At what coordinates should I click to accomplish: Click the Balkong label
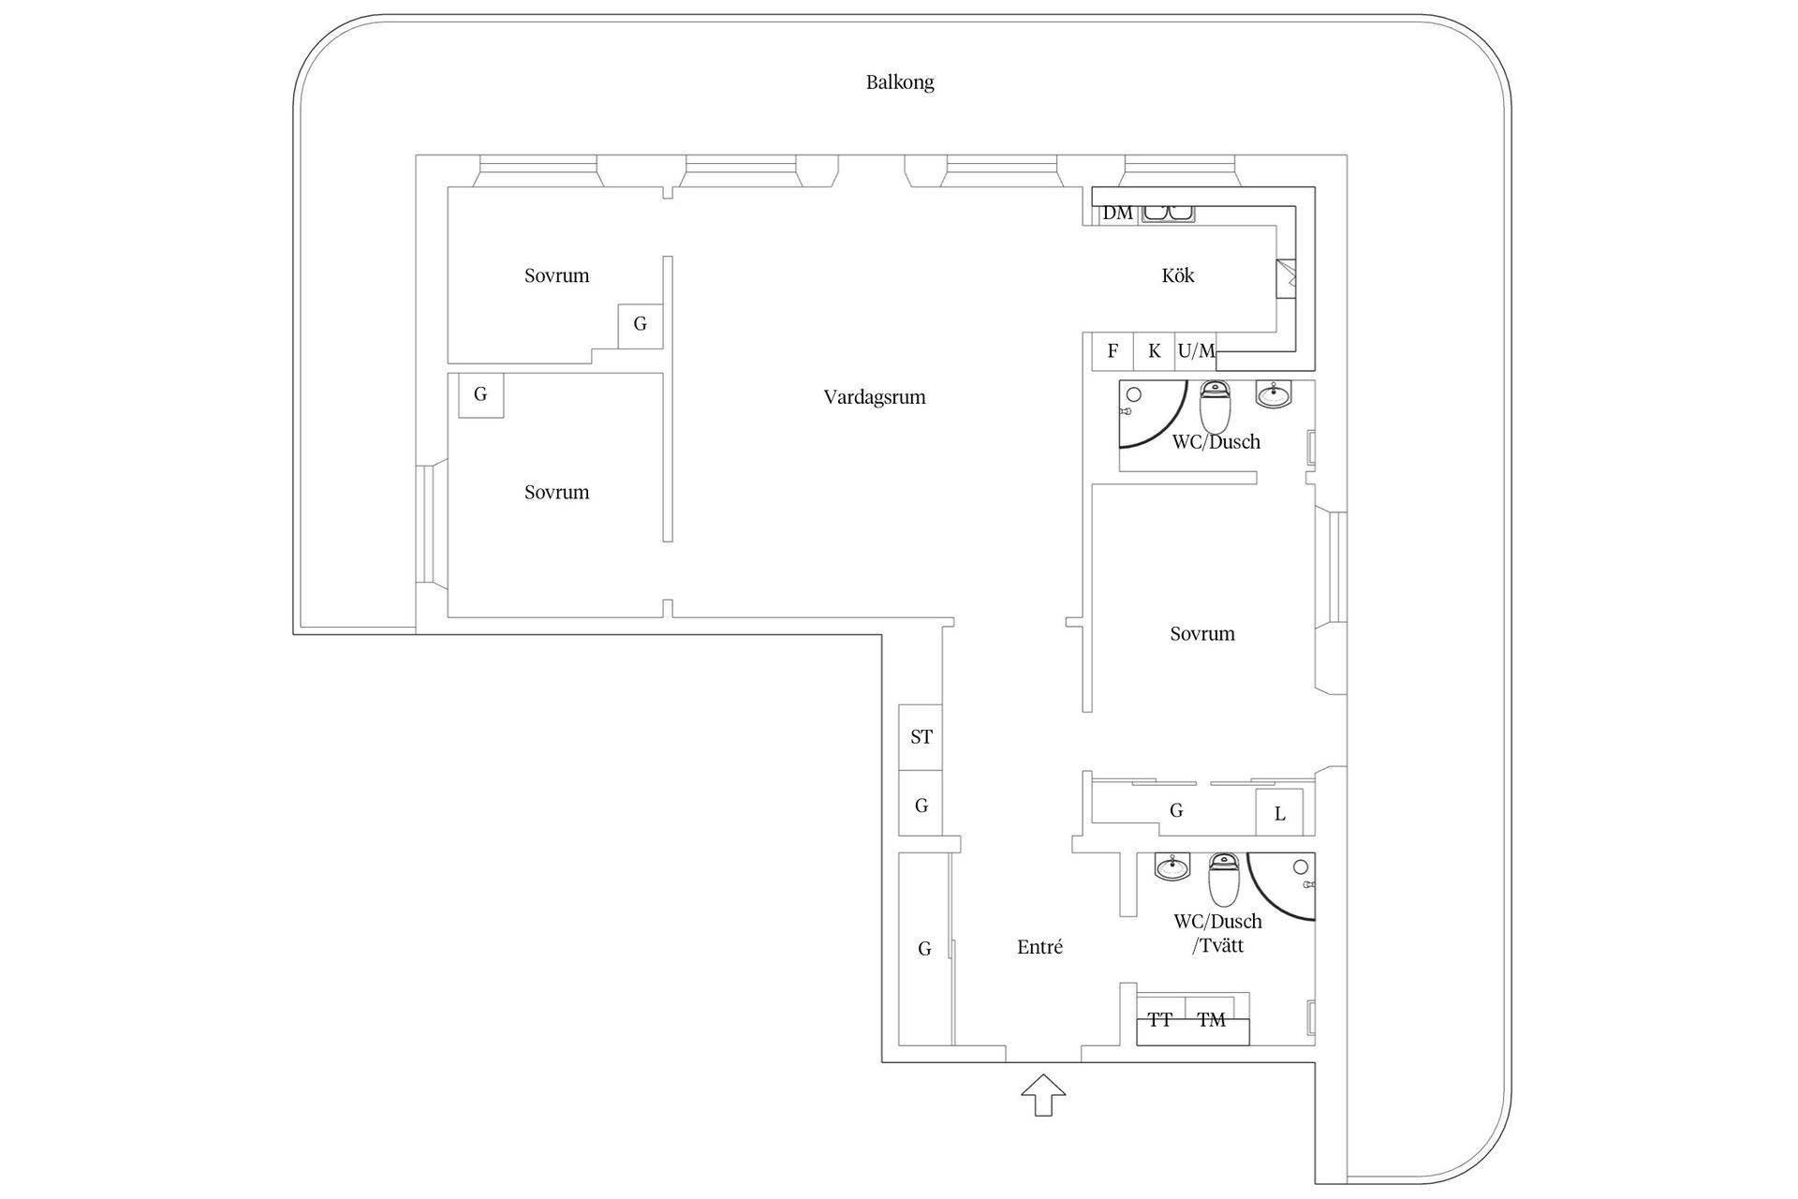point(899,82)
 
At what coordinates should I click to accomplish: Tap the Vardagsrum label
point(874,397)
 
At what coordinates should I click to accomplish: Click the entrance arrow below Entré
point(1043,1095)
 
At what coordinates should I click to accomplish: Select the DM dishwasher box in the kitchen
point(1116,214)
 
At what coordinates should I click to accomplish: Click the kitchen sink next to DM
point(1168,214)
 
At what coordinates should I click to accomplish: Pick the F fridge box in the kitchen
point(1113,351)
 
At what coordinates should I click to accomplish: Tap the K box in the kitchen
point(1154,351)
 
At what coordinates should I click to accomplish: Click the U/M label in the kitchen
point(1196,351)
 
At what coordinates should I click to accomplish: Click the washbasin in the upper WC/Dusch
point(1273,395)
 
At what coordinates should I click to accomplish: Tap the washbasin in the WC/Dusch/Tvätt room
point(1172,867)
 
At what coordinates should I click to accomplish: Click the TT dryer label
point(1160,1020)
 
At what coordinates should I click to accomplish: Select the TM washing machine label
point(1211,1020)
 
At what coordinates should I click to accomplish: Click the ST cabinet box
point(921,737)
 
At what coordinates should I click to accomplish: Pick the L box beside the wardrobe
point(1279,814)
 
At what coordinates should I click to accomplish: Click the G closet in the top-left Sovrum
point(640,325)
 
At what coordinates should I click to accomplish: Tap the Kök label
point(1177,275)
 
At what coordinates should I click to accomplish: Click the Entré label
point(1039,947)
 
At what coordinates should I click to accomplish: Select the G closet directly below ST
point(921,805)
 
